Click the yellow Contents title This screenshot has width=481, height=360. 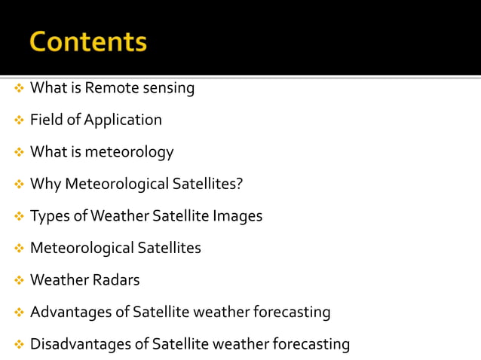pyautogui.click(x=88, y=41)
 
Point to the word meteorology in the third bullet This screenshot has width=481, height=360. pyautogui.click(x=130, y=152)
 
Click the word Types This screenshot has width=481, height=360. pyautogui.click(x=50, y=216)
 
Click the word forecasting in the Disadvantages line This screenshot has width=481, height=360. pyautogui.click(x=311, y=344)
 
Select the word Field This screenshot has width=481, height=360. pyautogui.click(x=47, y=120)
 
